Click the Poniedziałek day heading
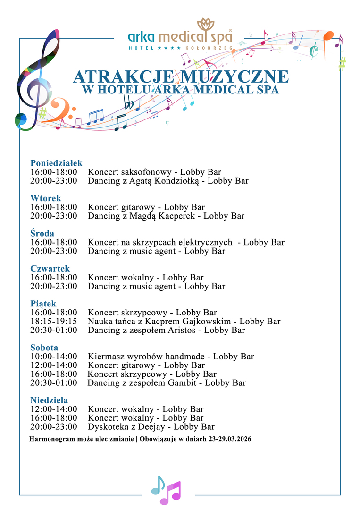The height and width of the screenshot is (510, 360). [57, 163]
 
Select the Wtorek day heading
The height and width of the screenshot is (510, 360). [46, 198]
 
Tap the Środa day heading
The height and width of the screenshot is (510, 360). [42, 233]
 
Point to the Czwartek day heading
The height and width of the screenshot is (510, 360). [50, 268]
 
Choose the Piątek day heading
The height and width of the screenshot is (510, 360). [43, 304]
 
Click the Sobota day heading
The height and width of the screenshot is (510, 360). [44, 348]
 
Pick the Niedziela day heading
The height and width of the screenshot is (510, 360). [49, 400]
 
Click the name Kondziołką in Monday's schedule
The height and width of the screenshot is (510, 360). [177, 181]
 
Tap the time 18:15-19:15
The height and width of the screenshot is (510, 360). [54, 321]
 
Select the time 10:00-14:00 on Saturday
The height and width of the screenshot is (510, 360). [54, 357]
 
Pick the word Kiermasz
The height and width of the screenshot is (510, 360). [106, 357]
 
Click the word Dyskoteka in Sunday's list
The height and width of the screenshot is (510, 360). [108, 427]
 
